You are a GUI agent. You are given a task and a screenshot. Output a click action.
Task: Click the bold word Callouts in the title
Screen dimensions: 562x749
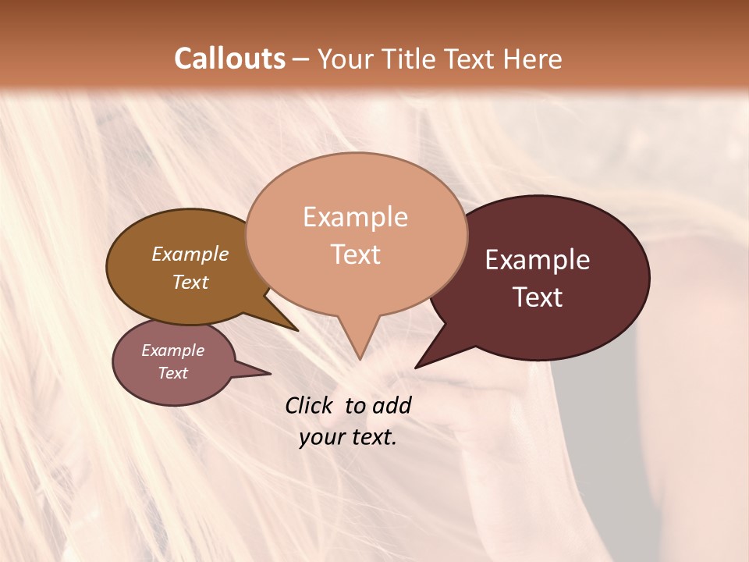(x=229, y=59)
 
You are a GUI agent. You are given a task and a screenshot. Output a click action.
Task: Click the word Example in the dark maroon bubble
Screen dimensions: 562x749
(x=538, y=260)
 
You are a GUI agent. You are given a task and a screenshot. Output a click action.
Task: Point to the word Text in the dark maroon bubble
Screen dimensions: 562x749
(x=538, y=297)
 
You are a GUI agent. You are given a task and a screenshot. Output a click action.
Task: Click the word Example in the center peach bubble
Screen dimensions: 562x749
(x=355, y=217)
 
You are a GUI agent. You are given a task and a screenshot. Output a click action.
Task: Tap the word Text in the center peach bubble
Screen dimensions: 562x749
(x=356, y=254)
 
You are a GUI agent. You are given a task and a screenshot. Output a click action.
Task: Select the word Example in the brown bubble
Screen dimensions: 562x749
(x=190, y=254)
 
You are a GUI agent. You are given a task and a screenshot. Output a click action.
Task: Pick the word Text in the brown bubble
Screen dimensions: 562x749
(x=190, y=282)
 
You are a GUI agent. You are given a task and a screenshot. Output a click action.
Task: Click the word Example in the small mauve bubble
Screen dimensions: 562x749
(x=173, y=350)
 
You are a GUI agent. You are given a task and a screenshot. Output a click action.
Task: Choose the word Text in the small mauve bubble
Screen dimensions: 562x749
(x=173, y=373)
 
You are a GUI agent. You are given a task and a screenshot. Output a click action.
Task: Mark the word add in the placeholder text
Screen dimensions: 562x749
(x=392, y=405)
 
